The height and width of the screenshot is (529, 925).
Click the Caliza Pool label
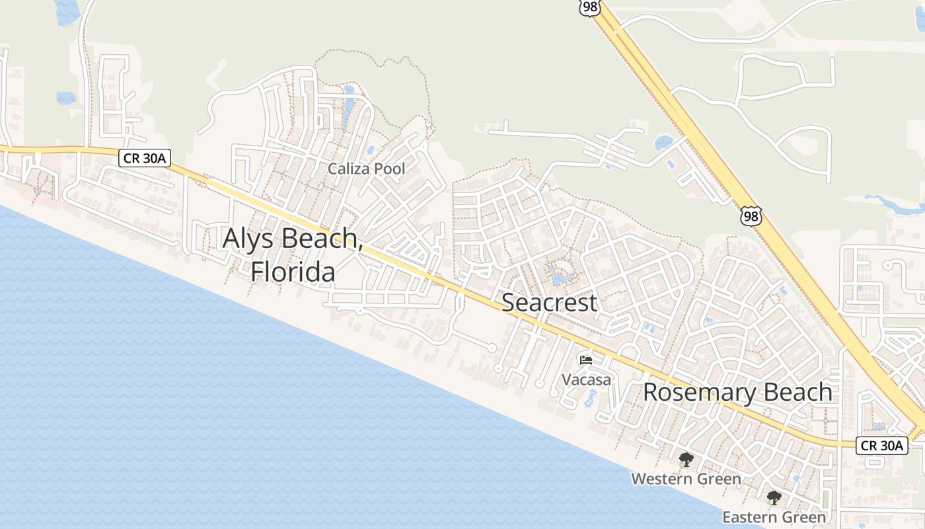[x=367, y=169]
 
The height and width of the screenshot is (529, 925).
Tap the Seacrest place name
[x=549, y=302]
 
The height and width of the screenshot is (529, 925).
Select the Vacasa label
[x=586, y=380]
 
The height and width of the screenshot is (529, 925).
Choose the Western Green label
[x=686, y=478]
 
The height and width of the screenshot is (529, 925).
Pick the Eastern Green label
[x=774, y=516]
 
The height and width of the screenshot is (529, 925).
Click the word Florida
[x=293, y=271]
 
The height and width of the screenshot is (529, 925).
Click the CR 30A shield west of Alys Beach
[x=145, y=157]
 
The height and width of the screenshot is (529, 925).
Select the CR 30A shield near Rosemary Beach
[x=882, y=445]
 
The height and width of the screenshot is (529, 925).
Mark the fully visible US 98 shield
[x=751, y=216]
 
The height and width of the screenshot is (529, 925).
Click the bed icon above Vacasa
[x=586, y=360]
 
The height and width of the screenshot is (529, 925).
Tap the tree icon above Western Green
[x=686, y=460]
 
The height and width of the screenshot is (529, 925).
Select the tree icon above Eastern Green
[x=774, y=498]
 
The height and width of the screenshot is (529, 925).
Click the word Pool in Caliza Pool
[x=389, y=169]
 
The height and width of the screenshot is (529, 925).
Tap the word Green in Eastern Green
[x=803, y=516]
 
